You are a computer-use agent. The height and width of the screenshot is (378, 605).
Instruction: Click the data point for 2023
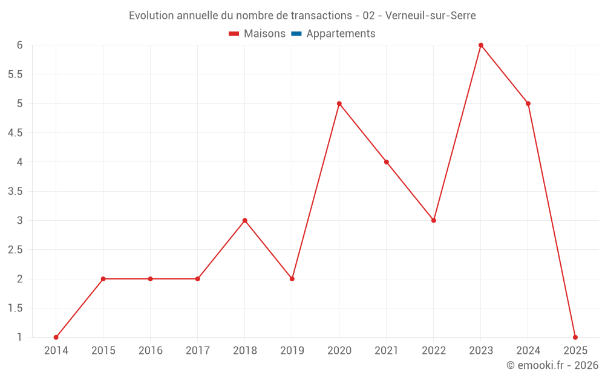pyautogui.click(x=481, y=45)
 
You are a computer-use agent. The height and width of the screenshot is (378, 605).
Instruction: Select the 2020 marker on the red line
pyautogui.click(x=339, y=103)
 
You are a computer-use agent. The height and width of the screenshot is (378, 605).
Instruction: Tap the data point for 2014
pyautogui.click(x=56, y=337)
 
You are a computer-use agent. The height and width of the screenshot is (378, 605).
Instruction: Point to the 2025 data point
pyautogui.click(x=575, y=337)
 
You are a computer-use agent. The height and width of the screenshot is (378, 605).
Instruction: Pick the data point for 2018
pyautogui.click(x=245, y=220)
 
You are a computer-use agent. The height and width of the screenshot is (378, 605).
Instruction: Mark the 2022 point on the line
pyautogui.click(x=434, y=220)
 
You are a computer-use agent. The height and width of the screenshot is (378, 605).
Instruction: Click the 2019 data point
pyautogui.click(x=292, y=279)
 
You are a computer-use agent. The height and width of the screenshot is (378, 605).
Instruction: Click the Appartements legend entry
pyautogui.click(x=341, y=34)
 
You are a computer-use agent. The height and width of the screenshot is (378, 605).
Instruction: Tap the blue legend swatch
pyautogui.click(x=296, y=34)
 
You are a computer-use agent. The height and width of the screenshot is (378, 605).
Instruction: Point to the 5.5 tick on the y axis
pyautogui.click(x=15, y=74)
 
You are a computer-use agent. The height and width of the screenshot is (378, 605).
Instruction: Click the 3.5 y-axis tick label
pyautogui.click(x=15, y=191)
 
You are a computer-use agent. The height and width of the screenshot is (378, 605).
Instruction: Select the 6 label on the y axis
pyautogui.click(x=20, y=45)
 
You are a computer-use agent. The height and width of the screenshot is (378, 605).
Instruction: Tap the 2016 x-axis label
pyautogui.click(x=151, y=351)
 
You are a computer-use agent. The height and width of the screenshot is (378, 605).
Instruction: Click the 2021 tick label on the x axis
pyautogui.click(x=387, y=351)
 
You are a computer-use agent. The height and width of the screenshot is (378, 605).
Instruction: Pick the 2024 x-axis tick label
pyautogui.click(x=528, y=351)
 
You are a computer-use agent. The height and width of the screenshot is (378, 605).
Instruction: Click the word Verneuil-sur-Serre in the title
pyautogui.click(x=431, y=16)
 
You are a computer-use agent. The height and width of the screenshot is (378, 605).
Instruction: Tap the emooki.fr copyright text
pyautogui.click(x=552, y=365)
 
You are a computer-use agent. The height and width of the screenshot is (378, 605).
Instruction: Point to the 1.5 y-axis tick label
pyautogui.click(x=15, y=308)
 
